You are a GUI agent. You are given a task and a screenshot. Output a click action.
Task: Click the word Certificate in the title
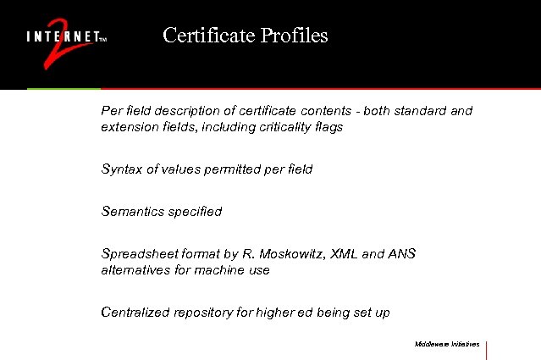[201, 36]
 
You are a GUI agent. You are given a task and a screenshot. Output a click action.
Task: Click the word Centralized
[135, 313]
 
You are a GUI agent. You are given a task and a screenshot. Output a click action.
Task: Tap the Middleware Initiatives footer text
[446, 345]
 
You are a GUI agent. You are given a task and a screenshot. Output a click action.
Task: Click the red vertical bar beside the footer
[487, 350]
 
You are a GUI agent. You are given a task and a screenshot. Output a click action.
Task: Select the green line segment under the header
[63, 89]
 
